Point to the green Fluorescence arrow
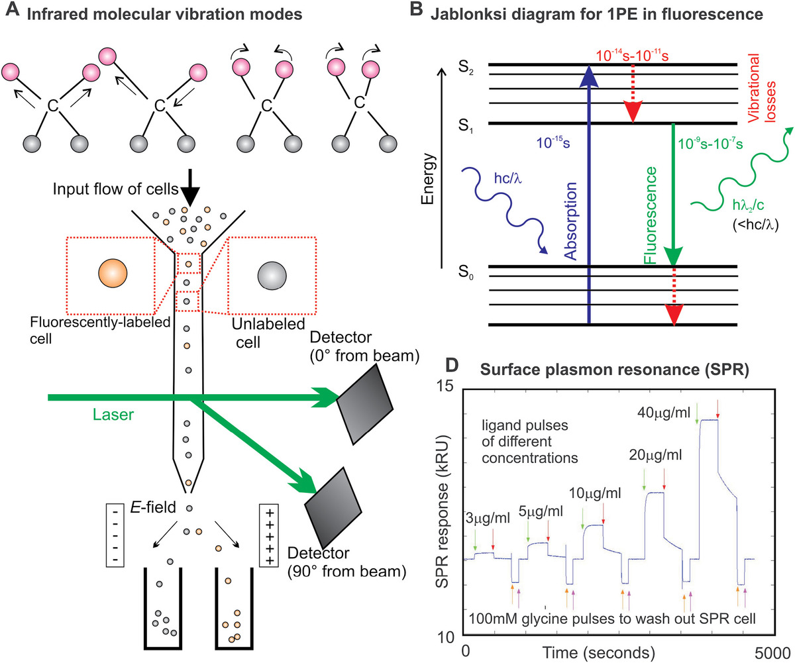point(673,199)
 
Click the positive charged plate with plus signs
point(269,537)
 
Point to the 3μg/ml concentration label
point(488,518)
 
